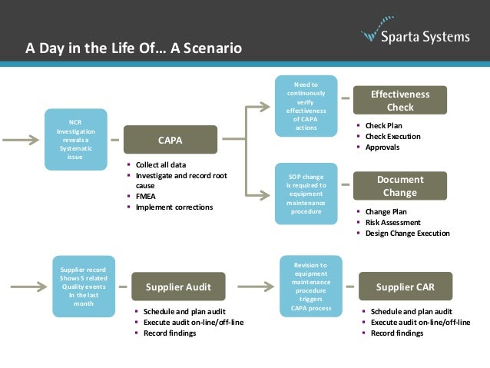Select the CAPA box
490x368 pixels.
click(x=170, y=141)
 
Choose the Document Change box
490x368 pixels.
click(x=400, y=186)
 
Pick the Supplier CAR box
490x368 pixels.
click(x=405, y=287)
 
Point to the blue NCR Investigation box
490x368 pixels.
click(x=74, y=141)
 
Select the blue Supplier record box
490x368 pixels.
click(x=84, y=287)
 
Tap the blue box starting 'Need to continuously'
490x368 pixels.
click(x=306, y=106)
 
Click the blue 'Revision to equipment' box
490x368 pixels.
click(x=310, y=287)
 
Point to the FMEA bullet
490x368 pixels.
click(x=146, y=197)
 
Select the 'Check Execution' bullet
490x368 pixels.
click(x=393, y=136)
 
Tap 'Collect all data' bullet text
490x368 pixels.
click(x=161, y=165)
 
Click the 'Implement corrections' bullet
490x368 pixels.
click(x=174, y=207)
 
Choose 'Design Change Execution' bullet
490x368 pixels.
click(x=407, y=233)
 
